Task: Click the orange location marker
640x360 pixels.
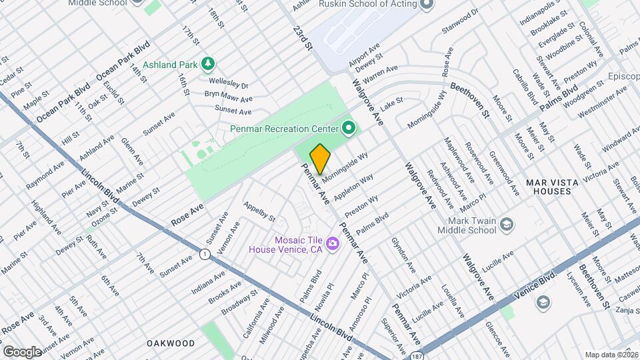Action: [320, 159]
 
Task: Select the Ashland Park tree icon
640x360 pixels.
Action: [209, 64]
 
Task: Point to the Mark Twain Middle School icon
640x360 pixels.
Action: [507, 224]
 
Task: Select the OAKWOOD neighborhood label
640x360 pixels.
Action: [171, 343]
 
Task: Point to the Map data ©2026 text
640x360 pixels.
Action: [611, 355]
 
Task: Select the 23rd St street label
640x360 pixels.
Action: [304, 38]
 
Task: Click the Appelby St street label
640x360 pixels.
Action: [259, 211]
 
